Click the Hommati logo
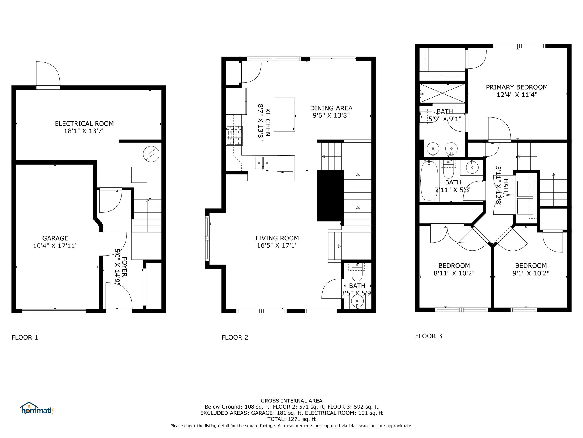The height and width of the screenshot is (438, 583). pos(37,408)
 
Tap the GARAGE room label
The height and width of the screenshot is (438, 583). pos(55,238)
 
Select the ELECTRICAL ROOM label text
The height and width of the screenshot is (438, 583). pos(84,124)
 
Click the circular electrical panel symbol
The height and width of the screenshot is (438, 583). pos(151,154)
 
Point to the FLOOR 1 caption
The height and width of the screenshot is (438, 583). pos(25,337)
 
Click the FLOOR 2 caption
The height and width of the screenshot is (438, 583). pos(235,337)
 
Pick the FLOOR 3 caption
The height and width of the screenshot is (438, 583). pos(428,336)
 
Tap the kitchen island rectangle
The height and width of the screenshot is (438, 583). pos(284,115)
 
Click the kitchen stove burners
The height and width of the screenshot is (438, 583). pos(235,135)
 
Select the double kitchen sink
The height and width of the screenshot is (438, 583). pos(263,163)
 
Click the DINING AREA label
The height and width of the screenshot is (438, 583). pos(331,108)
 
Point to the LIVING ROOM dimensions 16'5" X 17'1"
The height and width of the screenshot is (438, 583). pos(277,245)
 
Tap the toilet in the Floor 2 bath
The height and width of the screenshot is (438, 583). pos(357,272)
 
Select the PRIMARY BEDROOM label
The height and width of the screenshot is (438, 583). pos(517,87)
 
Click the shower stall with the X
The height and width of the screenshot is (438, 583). pos(442,93)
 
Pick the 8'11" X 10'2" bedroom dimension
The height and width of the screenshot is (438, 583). pos(454,273)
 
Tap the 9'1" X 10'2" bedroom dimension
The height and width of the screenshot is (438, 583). pos(531,273)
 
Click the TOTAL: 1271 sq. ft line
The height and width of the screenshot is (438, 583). pos(291,419)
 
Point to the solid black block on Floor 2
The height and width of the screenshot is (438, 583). pos(330,196)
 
